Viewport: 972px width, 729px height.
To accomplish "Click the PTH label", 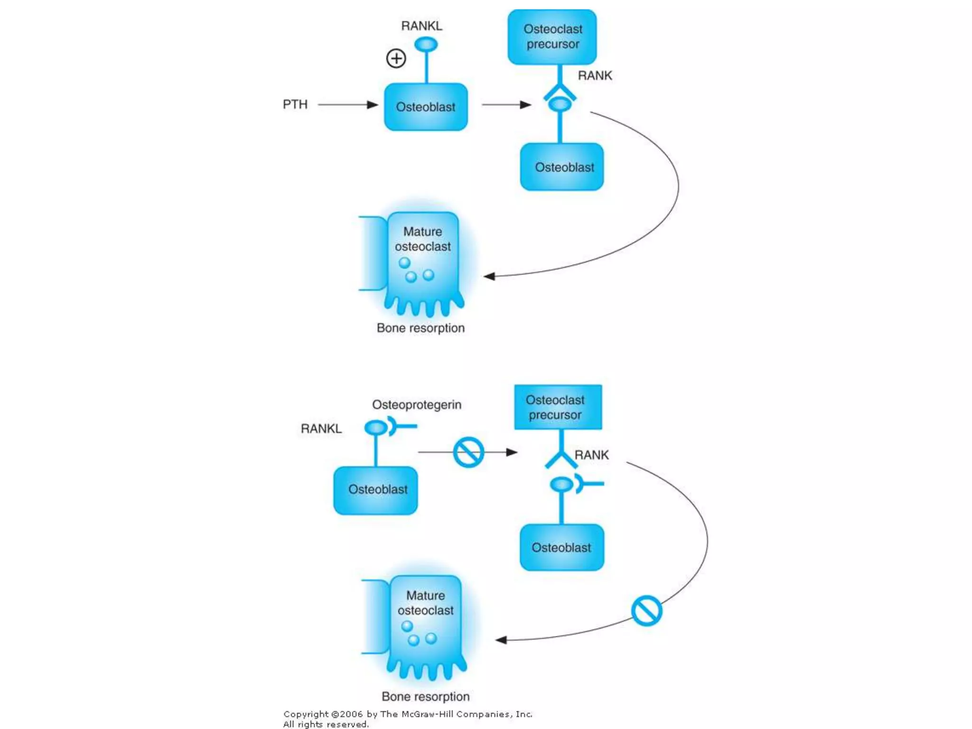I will (x=295, y=104).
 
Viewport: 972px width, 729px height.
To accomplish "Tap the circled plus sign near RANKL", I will (x=396, y=58).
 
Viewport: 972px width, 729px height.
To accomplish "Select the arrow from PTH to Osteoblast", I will (x=347, y=104).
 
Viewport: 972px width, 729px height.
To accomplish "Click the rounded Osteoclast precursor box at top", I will (x=552, y=37).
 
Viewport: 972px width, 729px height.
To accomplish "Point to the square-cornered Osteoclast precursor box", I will (x=558, y=407).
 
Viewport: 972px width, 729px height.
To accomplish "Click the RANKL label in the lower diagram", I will (x=321, y=429).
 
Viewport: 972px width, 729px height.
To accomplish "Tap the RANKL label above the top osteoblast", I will (x=421, y=26).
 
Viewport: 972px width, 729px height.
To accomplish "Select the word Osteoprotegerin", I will (x=416, y=405).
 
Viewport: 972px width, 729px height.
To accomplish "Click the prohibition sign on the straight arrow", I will (x=468, y=452).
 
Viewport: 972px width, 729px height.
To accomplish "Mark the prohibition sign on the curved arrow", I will (x=646, y=611).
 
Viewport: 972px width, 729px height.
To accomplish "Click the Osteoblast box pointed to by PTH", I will (x=426, y=107).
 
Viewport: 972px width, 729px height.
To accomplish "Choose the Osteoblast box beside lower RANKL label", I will (x=375, y=490).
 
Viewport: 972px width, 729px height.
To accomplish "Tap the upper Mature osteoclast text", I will (x=422, y=239).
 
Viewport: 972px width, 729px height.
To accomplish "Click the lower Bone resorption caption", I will (x=425, y=696).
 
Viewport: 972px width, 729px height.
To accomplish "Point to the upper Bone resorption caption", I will (x=421, y=328).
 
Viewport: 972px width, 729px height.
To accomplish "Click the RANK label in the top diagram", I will (x=595, y=75).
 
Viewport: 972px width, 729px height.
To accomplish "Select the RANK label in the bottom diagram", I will (x=591, y=455).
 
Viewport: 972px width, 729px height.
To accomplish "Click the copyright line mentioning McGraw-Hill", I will (x=408, y=714).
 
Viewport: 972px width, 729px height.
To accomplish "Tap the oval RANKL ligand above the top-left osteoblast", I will (x=426, y=45).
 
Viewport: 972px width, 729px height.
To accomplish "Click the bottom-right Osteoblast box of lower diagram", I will (x=561, y=547).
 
